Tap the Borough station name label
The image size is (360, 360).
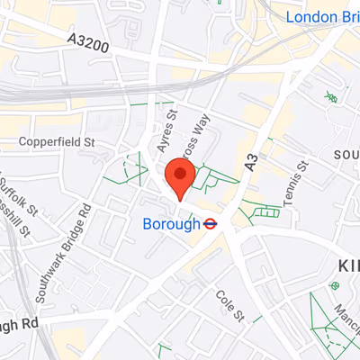171,224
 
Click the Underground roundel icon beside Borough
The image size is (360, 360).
210,224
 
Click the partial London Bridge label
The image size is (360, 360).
322,17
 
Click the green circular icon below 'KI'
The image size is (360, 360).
335,285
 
